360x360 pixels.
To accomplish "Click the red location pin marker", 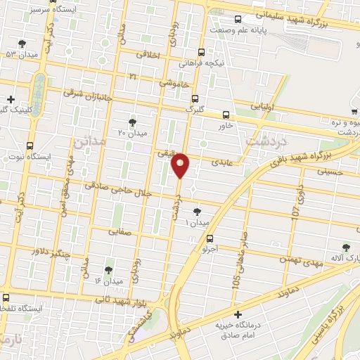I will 181,165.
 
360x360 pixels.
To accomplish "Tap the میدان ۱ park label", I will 197,223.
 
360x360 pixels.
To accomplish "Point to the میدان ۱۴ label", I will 108,281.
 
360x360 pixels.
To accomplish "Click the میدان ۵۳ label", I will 21,53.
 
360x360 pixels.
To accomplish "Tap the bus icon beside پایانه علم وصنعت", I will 238,20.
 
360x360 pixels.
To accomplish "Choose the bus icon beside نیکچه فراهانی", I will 202,52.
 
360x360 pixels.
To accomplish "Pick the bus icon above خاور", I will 226,115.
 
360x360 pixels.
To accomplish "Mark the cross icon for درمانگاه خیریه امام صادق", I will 238,314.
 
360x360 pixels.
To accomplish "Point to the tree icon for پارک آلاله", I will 345,247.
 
